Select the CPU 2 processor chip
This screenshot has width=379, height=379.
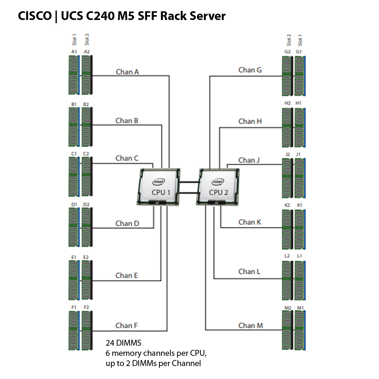pos(218,187)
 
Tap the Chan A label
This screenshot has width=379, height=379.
pos(127,72)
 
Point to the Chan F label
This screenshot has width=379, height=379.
pos(126,326)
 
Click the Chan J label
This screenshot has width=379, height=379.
pos(249,160)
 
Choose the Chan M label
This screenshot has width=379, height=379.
pos(250,326)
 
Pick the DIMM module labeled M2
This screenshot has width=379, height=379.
pos(287,330)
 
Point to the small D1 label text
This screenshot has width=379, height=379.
pos(74,204)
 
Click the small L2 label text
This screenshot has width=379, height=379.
pos(287,256)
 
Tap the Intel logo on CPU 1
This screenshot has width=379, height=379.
pos(158,181)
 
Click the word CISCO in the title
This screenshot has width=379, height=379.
pos(34,16)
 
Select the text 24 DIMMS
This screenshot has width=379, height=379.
pos(124,343)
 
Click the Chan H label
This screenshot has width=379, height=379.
pos(250,121)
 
